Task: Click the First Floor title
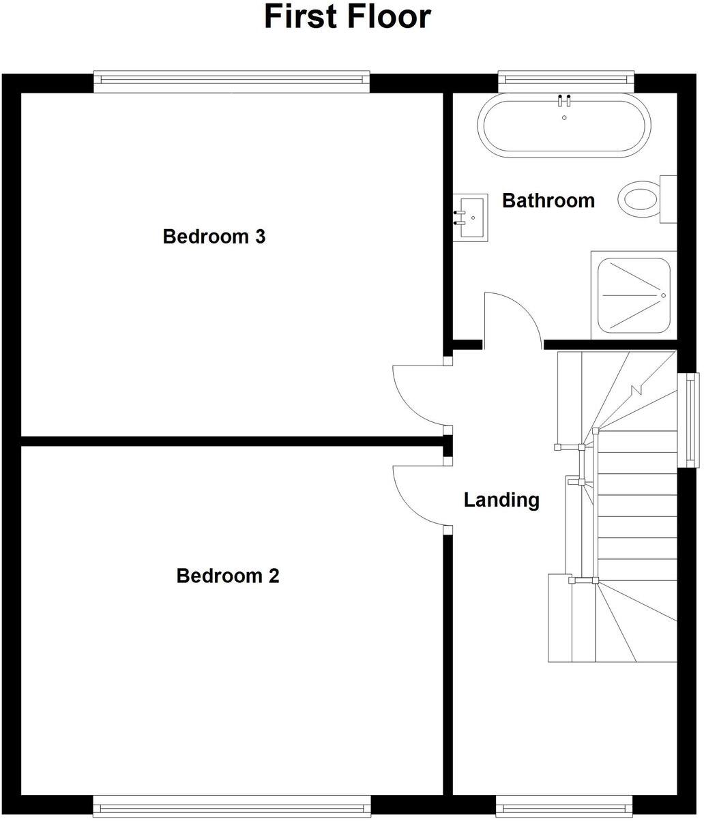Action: (x=347, y=17)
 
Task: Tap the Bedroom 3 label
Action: (x=214, y=237)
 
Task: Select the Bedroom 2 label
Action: (x=227, y=576)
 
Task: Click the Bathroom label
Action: (x=548, y=200)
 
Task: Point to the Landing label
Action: (x=501, y=500)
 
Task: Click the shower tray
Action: (x=634, y=295)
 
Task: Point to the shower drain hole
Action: (x=662, y=295)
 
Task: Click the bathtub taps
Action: (x=564, y=101)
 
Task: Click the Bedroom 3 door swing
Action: (x=419, y=394)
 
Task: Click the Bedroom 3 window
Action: (x=231, y=81)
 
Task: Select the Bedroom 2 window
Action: (x=231, y=805)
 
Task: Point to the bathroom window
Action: (x=567, y=81)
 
